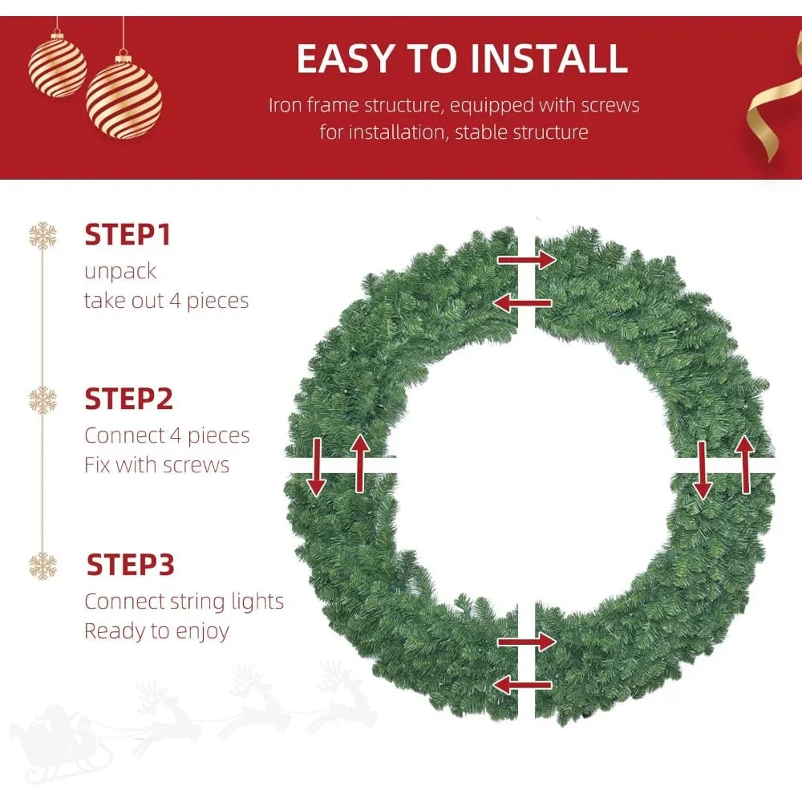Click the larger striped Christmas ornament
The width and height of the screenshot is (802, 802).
click(124, 101)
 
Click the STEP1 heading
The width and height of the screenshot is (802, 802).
click(128, 235)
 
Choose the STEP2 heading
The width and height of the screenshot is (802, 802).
click(128, 399)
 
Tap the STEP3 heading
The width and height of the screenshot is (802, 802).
click(130, 564)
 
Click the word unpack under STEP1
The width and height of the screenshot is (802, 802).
click(120, 271)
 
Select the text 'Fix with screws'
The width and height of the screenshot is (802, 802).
click(156, 465)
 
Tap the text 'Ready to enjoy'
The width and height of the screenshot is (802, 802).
click(156, 630)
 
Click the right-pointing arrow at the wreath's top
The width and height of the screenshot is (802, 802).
click(526, 259)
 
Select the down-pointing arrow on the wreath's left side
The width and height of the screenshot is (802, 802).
click(316, 467)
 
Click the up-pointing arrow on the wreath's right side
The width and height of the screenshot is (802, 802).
click(745, 464)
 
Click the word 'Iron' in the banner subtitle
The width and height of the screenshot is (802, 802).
click(285, 105)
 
